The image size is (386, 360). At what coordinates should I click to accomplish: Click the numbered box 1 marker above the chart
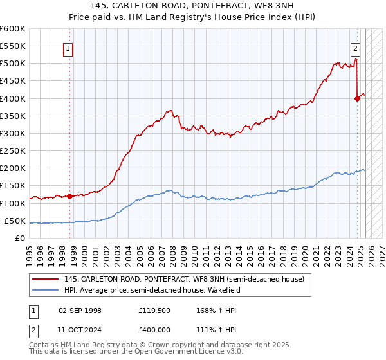coord(68,47)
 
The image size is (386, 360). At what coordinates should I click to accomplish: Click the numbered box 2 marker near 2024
coord(355,47)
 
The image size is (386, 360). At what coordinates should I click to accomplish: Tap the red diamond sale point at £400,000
coord(357,98)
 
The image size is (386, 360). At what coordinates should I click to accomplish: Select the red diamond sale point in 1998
coord(69,196)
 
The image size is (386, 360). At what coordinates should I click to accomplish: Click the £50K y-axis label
coord(15,221)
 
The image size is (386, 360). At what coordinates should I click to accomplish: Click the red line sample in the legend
coord(45,279)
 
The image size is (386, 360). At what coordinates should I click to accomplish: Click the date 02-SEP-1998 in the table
coord(80,310)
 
